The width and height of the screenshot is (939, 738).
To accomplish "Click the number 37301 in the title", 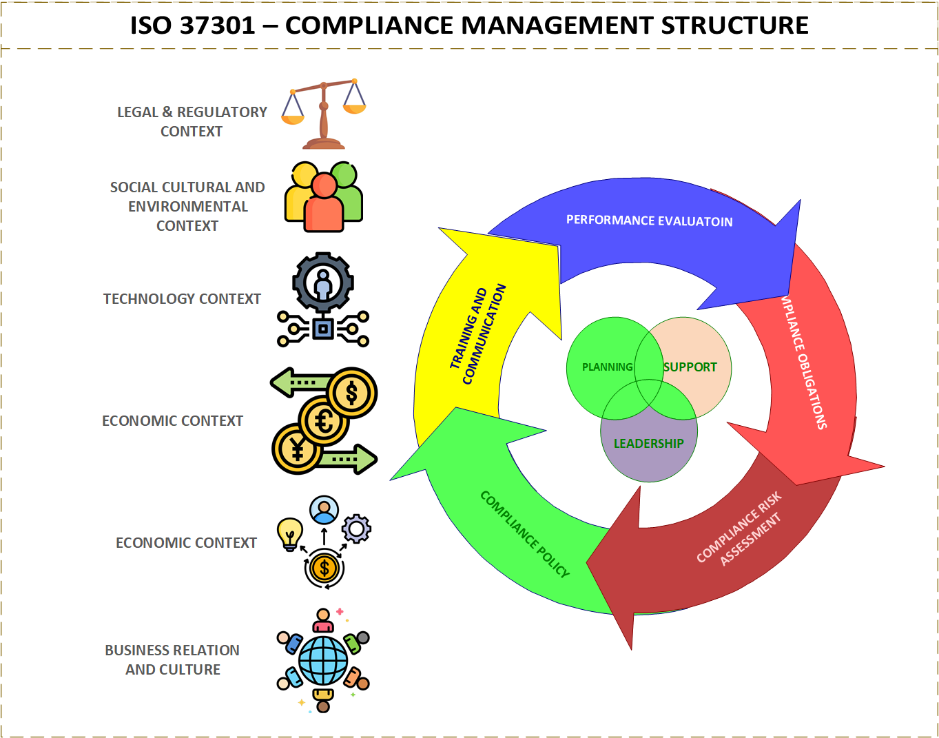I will [217, 26].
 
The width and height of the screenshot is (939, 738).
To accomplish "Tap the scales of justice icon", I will [323, 114].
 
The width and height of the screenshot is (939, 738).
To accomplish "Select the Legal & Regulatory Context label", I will [192, 121].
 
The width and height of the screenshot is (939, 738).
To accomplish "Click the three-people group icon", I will [324, 196].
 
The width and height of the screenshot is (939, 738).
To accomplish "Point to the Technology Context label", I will [182, 299].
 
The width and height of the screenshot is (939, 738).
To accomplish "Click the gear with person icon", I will [323, 283].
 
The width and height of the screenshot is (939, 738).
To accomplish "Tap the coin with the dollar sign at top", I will [352, 393].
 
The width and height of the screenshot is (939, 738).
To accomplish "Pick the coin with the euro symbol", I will [324, 420].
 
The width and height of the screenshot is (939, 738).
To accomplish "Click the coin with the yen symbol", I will [297, 449].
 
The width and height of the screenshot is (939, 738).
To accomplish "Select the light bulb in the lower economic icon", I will [289, 533].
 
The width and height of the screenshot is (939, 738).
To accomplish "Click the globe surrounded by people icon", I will [323, 660].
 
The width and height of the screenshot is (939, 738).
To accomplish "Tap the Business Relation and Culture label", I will [172, 660].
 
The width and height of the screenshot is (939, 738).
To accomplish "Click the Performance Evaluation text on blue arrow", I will [649, 221].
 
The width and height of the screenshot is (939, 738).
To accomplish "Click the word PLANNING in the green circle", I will [607, 367].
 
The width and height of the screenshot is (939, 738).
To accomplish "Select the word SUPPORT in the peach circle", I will [690, 367].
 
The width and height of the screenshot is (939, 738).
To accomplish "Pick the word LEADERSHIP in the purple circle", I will [648, 444].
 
